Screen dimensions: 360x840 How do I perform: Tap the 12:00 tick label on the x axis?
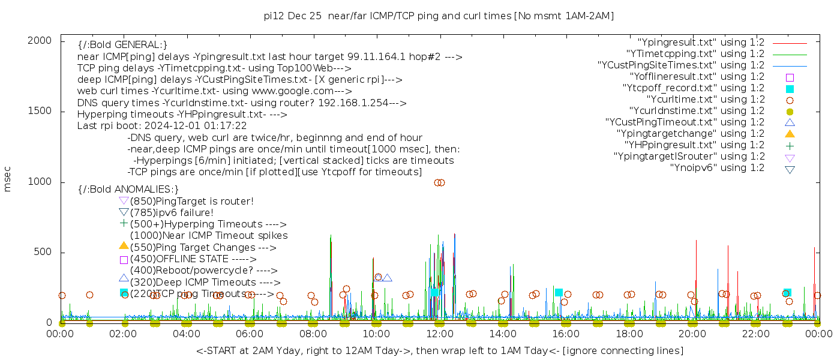(440, 334)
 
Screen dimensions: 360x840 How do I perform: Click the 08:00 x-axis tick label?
(313, 334)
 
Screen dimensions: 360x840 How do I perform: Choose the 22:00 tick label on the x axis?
(755, 334)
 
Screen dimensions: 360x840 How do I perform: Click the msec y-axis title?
(8, 179)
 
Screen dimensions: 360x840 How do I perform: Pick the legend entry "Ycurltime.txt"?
(706, 100)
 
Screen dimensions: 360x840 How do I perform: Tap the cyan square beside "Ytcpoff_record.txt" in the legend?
(790, 89)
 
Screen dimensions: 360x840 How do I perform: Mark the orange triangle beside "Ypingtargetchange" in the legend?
(790, 134)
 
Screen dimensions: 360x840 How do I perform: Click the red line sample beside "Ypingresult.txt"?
(790, 43)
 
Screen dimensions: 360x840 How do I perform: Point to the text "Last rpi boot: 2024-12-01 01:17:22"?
(162, 126)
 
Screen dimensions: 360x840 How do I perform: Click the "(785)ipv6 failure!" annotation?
(172, 213)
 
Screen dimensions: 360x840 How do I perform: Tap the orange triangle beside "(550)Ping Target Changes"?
(124, 245)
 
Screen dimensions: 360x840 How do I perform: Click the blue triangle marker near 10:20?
(387, 278)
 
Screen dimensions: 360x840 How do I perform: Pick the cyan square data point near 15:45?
(559, 293)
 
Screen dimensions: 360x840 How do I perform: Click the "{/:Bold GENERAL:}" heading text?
(122, 45)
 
